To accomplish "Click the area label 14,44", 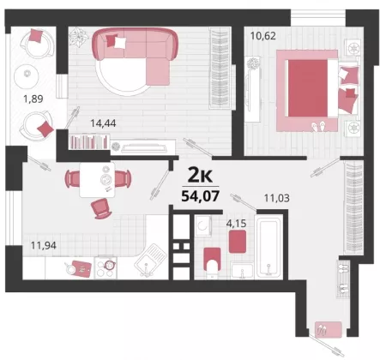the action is [x=103, y=123].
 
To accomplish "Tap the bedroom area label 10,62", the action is [x=263, y=36].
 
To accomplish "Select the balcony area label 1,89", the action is [x=33, y=99].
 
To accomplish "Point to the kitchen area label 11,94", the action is [x=44, y=245].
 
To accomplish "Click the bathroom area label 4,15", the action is [x=236, y=223].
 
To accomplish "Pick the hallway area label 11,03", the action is [x=276, y=198].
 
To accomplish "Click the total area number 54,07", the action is [x=201, y=196].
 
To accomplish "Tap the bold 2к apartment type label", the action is [x=200, y=176].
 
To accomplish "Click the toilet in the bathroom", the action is [x=212, y=261].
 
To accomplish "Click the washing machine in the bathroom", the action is [x=203, y=226].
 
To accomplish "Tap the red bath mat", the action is [x=238, y=242].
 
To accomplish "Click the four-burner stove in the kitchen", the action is [x=106, y=267].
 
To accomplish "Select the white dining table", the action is [x=97, y=180].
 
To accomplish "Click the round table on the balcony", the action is [x=27, y=75].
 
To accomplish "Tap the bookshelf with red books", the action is [x=89, y=141].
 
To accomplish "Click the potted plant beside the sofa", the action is [x=79, y=37].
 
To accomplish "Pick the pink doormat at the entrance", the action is [x=329, y=330].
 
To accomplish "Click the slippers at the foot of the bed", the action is [x=318, y=126].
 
